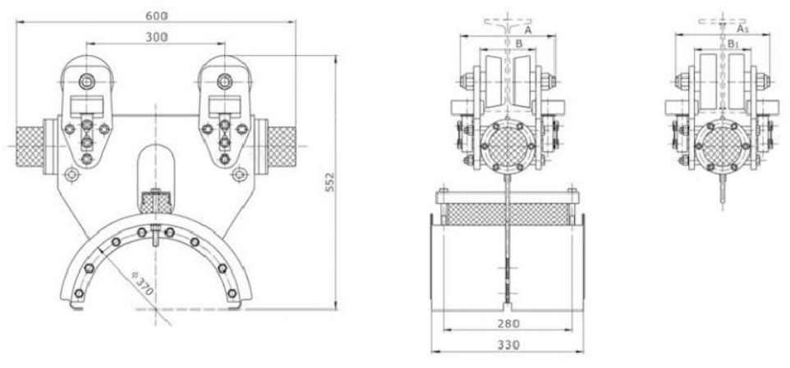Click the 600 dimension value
click(157, 16)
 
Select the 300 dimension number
click(157, 37)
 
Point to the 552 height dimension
click(329, 182)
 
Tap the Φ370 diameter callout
click(143, 283)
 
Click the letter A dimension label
click(528, 30)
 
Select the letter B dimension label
click(518, 44)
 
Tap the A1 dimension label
click(742, 30)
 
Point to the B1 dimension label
click(733, 44)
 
